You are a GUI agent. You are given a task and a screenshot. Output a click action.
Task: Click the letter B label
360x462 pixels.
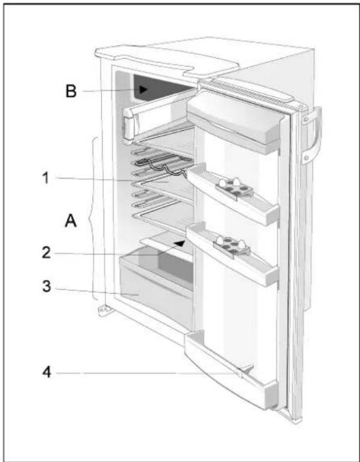click(71, 91)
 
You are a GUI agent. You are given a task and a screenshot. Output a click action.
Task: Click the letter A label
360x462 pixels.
click(71, 221)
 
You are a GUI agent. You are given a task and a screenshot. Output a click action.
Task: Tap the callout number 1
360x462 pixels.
click(46, 178)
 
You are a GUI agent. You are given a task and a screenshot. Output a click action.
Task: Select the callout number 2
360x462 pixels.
click(46, 253)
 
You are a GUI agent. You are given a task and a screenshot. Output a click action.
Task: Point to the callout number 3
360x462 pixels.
click(46, 286)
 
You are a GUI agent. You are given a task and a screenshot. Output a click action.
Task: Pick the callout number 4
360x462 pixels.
click(47, 373)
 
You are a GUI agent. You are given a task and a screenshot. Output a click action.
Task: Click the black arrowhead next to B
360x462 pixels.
click(143, 89)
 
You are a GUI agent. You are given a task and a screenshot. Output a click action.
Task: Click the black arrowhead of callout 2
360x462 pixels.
click(180, 243)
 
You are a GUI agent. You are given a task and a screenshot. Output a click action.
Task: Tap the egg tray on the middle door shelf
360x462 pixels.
click(232, 247)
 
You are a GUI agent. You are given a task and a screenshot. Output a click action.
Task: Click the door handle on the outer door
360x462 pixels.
click(311, 135)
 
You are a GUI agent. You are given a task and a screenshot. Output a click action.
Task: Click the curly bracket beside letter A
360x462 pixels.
click(93, 219)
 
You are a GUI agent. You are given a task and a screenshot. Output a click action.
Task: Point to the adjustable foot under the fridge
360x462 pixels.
click(104, 310)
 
